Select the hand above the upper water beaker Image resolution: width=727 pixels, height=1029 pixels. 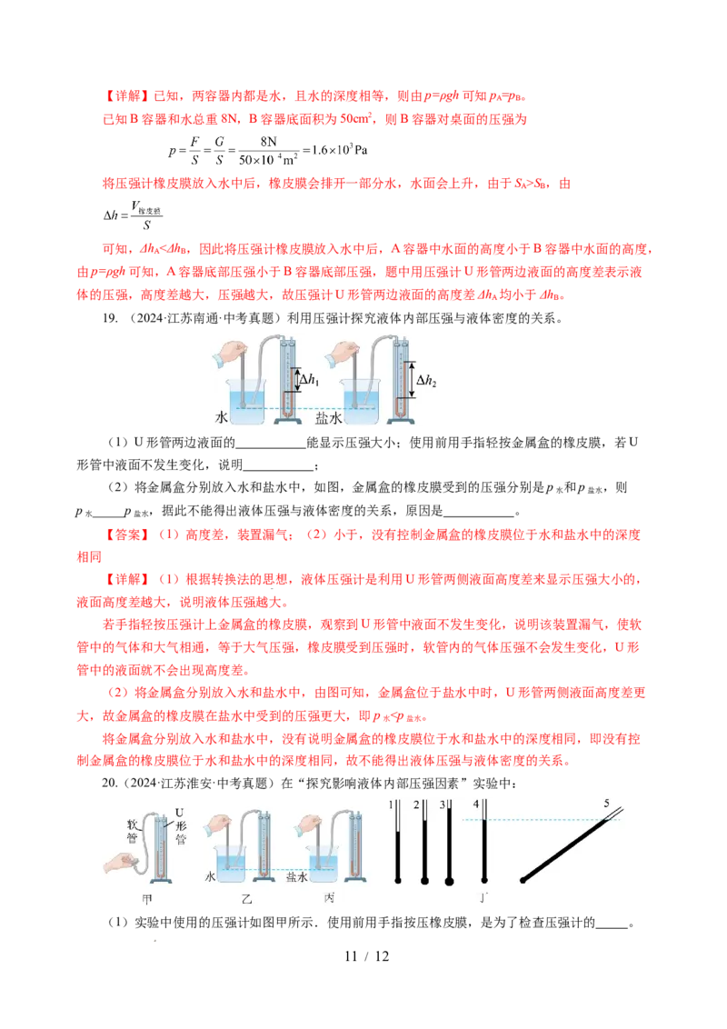tap(236, 351)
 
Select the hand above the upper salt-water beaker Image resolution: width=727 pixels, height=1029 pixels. tap(348, 351)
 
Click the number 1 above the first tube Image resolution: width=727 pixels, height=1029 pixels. tap(391, 804)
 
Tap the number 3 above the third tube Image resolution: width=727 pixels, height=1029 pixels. tap(442, 804)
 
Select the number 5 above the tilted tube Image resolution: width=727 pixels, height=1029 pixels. tap(606, 803)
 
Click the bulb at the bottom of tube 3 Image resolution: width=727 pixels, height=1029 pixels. tap(447, 880)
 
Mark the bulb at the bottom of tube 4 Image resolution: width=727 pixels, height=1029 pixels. tap(485, 879)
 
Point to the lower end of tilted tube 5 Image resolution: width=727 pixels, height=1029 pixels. tap(523, 879)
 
